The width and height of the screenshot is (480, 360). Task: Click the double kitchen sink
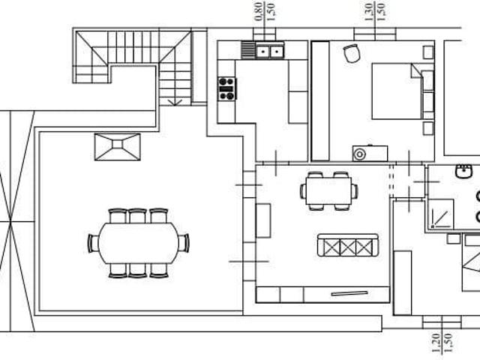tap(270, 52)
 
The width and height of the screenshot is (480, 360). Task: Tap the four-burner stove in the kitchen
tap(226, 88)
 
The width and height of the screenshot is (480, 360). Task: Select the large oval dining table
tap(138, 243)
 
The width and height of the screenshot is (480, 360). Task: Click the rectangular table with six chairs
tap(328, 191)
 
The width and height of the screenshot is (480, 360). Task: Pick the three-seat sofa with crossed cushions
tap(348, 245)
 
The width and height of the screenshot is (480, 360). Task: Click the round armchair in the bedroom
tap(352, 53)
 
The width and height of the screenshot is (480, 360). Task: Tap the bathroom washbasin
tap(463, 172)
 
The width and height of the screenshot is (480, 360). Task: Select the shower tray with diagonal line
tap(441, 214)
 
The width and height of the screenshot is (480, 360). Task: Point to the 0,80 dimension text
tap(259, 12)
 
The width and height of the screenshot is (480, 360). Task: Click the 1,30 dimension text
tap(370, 12)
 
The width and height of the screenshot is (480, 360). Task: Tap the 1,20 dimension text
tap(436, 343)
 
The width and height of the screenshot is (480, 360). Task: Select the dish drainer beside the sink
tap(248, 50)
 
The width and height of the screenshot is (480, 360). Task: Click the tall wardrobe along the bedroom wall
tap(320, 101)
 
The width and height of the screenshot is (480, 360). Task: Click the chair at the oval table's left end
tap(93, 243)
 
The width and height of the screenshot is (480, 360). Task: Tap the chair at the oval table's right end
tap(184, 243)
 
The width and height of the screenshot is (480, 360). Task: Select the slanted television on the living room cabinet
tap(349, 293)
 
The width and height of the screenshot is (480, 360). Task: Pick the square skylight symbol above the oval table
tap(118, 147)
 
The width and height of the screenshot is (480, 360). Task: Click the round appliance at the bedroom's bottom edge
tap(359, 154)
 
